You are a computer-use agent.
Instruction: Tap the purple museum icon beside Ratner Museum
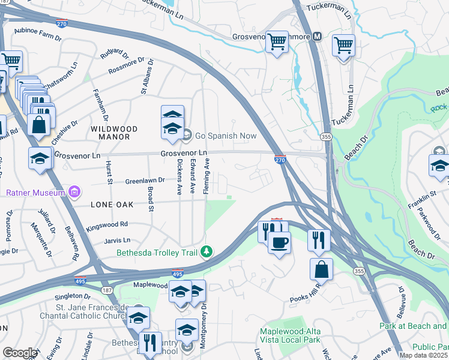(x=74, y=193)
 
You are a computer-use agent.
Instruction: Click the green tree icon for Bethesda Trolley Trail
(x=206, y=251)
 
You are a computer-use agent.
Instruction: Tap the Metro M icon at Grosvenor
(x=318, y=37)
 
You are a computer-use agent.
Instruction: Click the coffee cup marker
(x=279, y=243)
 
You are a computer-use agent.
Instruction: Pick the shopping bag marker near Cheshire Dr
(x=39, y=125)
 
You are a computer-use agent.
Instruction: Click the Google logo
(x=20, y=352)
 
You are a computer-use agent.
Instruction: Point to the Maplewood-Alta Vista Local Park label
(x=290, y=336)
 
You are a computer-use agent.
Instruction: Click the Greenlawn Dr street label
(x=145, y=180)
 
